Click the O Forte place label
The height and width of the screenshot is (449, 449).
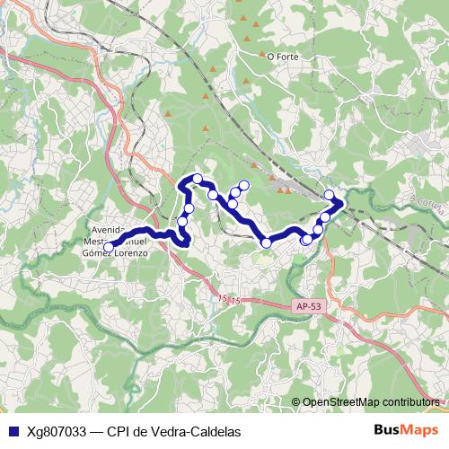[282, 56]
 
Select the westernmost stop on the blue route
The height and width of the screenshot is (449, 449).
[109, 247]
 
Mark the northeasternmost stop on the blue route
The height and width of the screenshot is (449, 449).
[330, 195]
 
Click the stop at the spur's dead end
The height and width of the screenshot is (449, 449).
[243, 184]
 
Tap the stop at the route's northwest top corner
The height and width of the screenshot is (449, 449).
[197, 179]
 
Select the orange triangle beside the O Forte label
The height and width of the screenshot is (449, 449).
[260, 56]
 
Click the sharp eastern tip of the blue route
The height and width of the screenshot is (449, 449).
[343, 204]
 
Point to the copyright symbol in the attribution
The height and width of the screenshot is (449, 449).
[295, 401]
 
